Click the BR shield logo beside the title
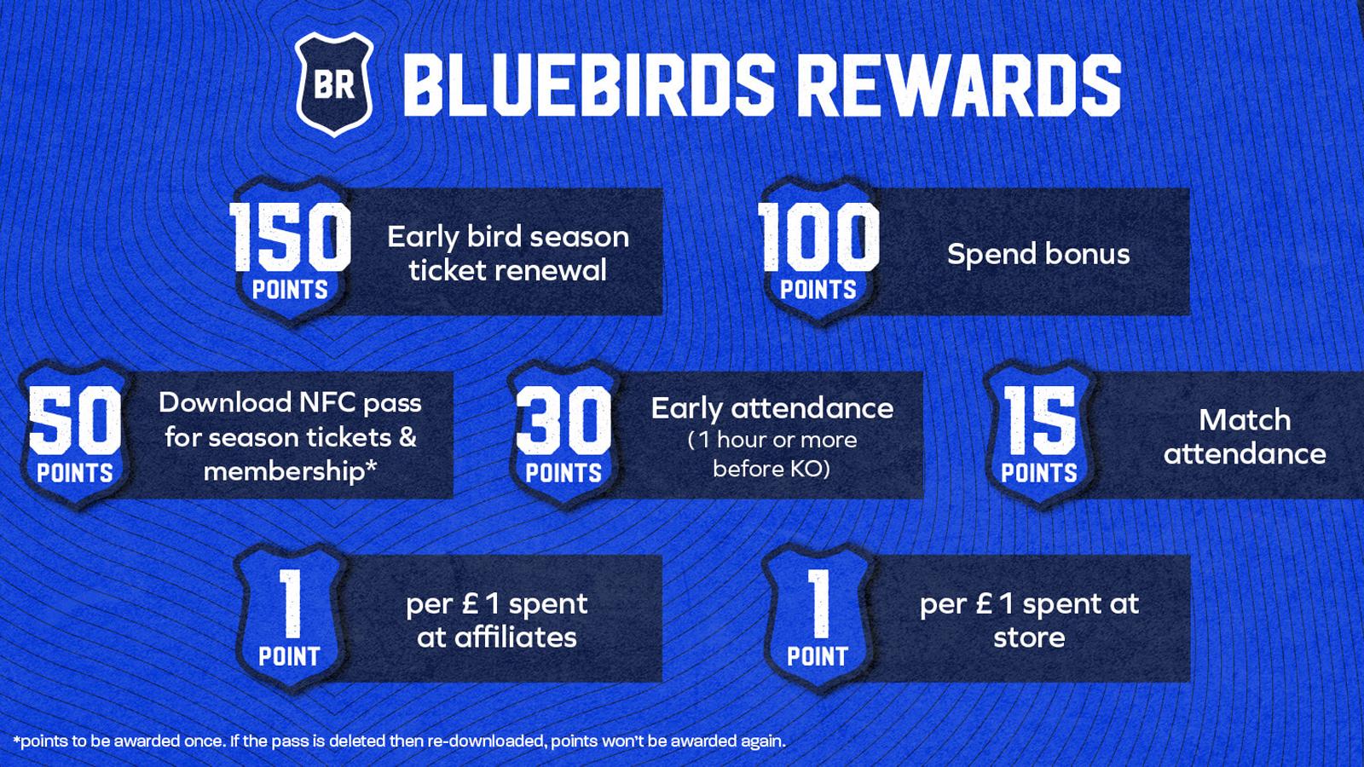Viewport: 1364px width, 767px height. pos(334,84)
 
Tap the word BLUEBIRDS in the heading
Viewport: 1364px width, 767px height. pos(588,84)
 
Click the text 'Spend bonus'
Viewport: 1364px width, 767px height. pos(1038,254)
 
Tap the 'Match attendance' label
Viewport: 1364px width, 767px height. pos(1245,436)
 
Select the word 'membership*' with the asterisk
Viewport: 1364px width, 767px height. pos(290,471)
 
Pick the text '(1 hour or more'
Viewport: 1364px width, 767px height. pos(772,440)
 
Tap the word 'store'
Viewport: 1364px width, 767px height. pos(1029,637)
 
